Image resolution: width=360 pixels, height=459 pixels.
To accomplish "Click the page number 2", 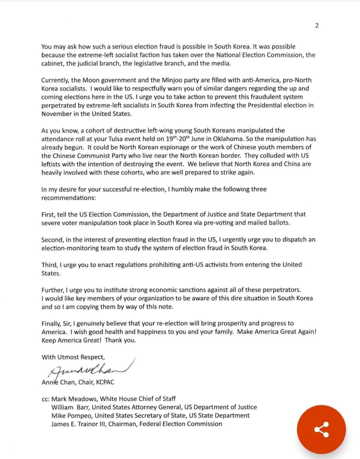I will [x=317, y=26].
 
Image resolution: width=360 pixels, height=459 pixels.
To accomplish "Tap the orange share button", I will [x=321, y=430].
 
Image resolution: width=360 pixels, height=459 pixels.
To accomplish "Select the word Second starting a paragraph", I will [x=52, y=240].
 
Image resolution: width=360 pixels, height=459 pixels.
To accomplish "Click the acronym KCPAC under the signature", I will [x=105, y=382].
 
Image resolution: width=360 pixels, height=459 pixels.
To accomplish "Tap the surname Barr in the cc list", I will [x=82, y=407].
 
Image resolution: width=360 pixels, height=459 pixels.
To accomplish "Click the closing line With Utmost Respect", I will [x=73, y=357].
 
